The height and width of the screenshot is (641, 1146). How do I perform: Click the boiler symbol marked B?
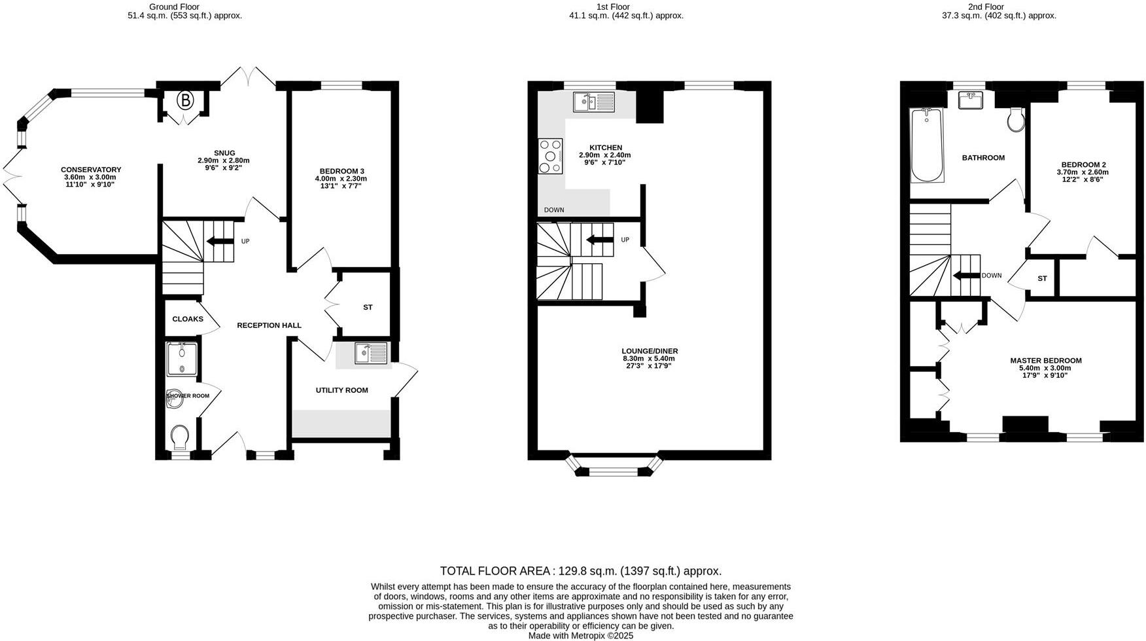point(186,100)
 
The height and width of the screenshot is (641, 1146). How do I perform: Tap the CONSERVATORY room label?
point(91,170)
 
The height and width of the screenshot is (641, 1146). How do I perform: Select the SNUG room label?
point(224,153)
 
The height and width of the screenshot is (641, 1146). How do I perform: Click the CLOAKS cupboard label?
point(188,320)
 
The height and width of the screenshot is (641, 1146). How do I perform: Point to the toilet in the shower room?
point(180,435)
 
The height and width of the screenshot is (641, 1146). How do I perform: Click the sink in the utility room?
point(371,353)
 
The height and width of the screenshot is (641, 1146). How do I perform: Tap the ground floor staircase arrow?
point(220,241)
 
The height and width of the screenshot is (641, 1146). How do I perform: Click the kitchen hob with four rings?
point(551,156)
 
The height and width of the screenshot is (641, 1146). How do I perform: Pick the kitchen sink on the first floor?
point(594,101)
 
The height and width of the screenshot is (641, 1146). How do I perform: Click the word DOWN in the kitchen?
point(554,210)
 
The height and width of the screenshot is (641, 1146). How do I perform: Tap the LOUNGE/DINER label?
point(650,351)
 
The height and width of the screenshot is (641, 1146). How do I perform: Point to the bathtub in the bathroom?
point(927,145)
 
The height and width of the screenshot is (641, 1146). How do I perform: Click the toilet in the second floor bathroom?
point(1016,119)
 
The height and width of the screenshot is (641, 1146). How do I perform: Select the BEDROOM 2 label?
point(1083,164)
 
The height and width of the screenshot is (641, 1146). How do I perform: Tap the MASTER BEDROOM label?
point(1045,361)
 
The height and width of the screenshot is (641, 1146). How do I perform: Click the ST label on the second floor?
point(1042,279)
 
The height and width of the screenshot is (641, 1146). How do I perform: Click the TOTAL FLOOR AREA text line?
point(581,571)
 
